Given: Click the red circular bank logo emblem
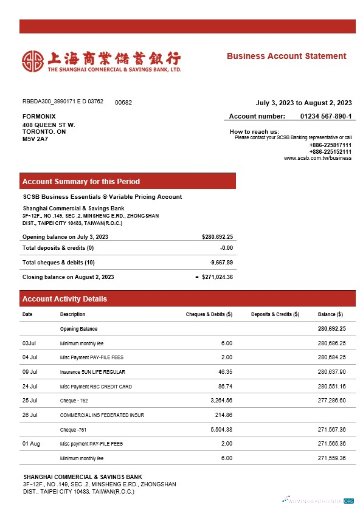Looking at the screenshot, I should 33,60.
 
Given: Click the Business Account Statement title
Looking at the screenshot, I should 286,56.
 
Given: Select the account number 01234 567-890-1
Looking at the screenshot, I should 326,116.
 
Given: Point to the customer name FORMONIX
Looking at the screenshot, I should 39,116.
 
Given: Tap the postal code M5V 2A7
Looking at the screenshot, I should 35,139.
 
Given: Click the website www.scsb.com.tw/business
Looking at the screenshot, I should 317,158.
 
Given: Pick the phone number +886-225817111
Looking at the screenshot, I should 330,145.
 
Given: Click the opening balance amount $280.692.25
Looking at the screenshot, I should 217,237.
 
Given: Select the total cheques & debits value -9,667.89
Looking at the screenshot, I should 221,263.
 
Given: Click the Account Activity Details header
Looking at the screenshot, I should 64,299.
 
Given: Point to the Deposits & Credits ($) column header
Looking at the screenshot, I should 275,314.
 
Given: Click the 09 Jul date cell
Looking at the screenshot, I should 30,372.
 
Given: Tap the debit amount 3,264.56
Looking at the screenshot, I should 220,401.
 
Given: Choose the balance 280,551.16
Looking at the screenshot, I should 331,387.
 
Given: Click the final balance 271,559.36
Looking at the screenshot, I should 331,458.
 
